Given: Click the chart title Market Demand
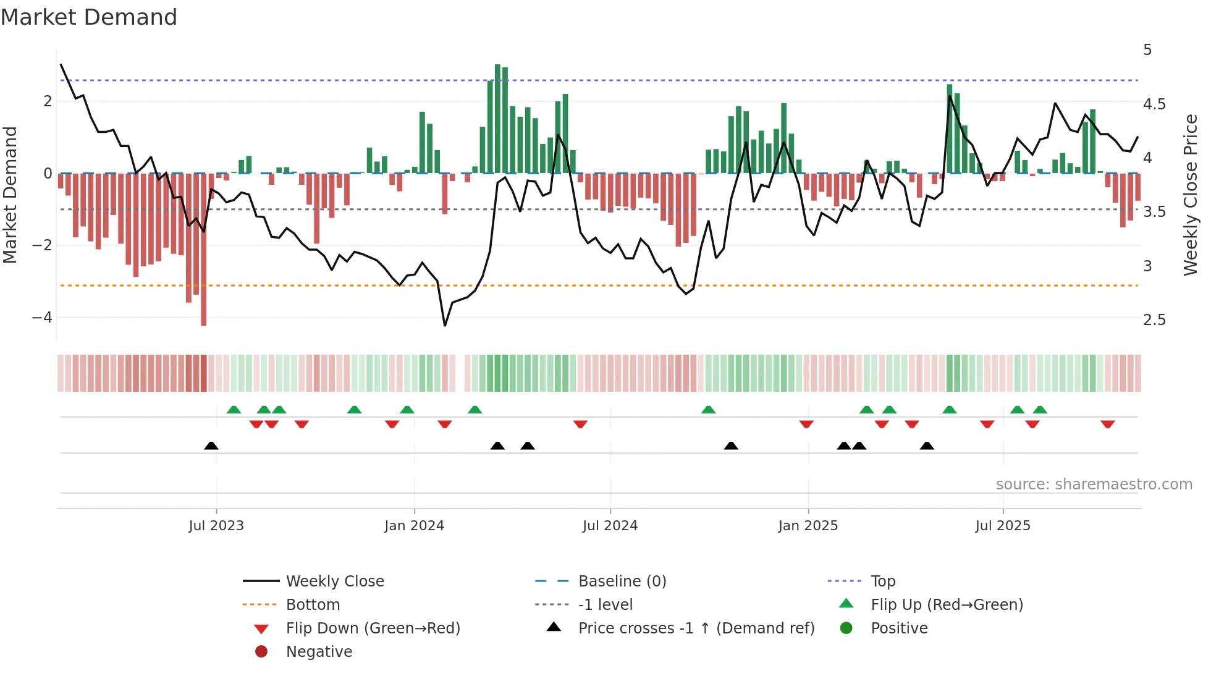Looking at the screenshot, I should pos(89,17).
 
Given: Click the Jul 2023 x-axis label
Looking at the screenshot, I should pos(216,526).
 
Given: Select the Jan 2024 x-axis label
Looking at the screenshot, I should pos(414,526).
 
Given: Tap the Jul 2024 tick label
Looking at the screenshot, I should pos(610,526).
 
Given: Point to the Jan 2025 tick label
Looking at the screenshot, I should pos(808,526).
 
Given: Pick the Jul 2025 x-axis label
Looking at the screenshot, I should pos(1003,526).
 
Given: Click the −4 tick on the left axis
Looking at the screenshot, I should pos(42,318).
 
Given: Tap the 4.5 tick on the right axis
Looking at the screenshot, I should pos(1154,104).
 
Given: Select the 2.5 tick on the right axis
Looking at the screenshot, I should pos(1154,320).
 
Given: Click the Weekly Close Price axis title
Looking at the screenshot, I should pos(1190,195).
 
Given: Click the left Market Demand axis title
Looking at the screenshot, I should pos(10,195).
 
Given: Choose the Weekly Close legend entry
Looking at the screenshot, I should pos(334,582).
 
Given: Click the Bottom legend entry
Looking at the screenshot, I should pos(313,605).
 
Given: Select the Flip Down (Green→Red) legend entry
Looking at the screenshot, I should pos(373,628).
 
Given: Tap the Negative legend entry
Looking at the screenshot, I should pos(319,652).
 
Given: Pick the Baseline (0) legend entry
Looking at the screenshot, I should pos(622,582).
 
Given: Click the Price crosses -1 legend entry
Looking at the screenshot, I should pos(696,628).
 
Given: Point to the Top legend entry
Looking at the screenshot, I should pos(883,582).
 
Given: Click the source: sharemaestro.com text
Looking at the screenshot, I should pos(1094,484).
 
